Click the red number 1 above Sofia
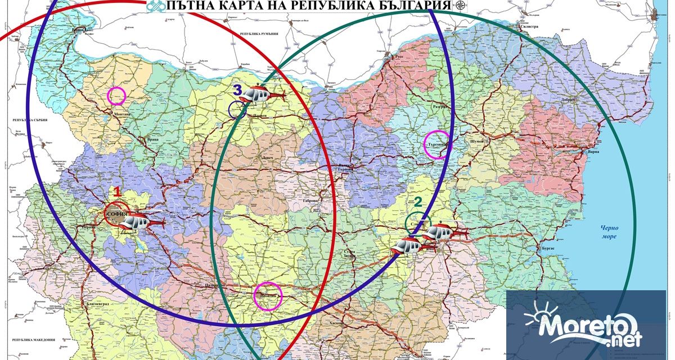(x=118, y=191)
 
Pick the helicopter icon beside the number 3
(x=260, y=94)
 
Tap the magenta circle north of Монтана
(x=116, y=96)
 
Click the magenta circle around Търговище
(x=438, y=143)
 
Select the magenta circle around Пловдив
(x=268, y=296)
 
